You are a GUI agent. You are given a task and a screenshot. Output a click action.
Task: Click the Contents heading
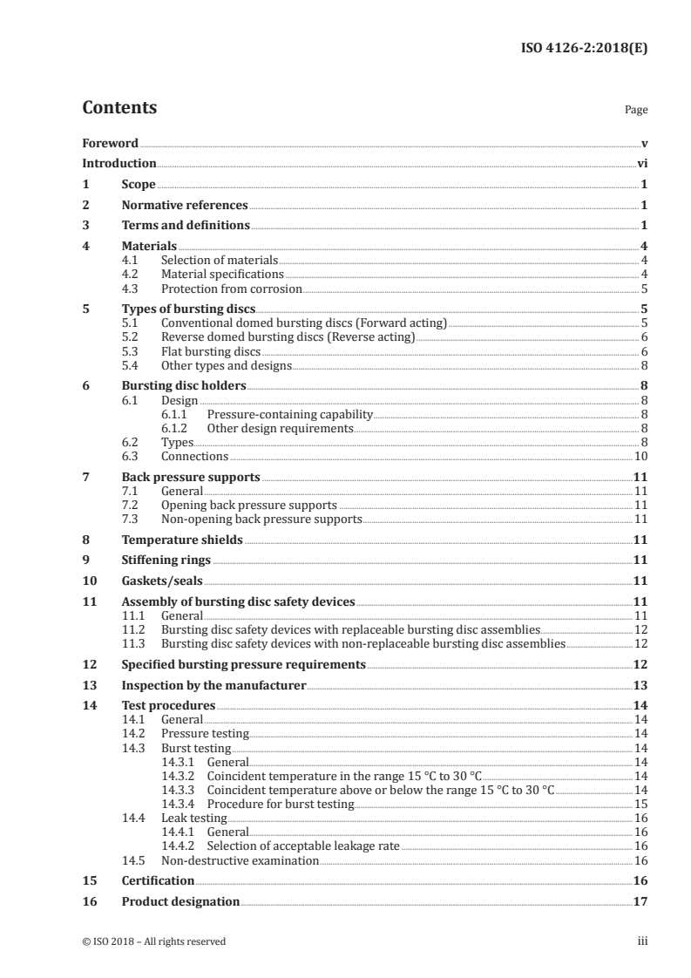pos(119,108)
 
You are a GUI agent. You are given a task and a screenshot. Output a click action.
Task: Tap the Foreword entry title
pos(110,143)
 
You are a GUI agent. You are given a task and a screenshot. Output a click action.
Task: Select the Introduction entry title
pos(119,163)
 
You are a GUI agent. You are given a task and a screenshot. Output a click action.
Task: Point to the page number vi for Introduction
pos(641,163)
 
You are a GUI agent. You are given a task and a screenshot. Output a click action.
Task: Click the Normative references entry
pos(185,206)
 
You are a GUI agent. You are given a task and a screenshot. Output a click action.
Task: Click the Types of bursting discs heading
pos(188,309)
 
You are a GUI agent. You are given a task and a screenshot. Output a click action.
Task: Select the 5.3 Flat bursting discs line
pos(211,351)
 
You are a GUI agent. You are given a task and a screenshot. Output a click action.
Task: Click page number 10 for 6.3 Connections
pos(640,456)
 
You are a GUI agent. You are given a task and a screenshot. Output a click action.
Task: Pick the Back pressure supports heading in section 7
pos(191,478)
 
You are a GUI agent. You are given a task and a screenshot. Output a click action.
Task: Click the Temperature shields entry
pos(182,540)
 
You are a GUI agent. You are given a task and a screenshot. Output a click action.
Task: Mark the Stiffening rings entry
pos(166,560)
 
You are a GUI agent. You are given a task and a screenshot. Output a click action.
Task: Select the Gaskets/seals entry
pos(161,581)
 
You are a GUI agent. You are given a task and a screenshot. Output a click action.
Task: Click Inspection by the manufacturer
pos(213,685)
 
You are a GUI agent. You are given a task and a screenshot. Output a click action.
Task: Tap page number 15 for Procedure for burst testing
pos(640,804)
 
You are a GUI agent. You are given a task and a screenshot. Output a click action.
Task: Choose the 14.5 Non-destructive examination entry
pos(240,860)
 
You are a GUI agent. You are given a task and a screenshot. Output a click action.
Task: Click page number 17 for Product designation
pos(640,901)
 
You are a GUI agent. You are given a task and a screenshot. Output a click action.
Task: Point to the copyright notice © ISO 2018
pos(153,941)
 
